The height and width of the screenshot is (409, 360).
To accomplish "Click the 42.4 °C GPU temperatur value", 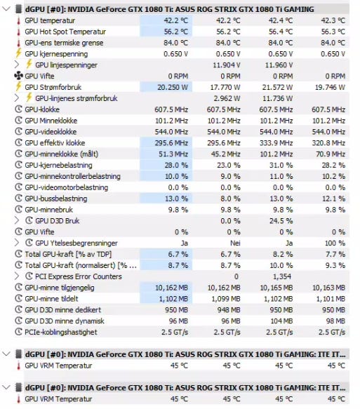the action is pyautogui.click(x=281, y=20).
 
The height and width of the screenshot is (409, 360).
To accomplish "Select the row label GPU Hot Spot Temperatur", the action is pyautogui.click(x=65, y=32).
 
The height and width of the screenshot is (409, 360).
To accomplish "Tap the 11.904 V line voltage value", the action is pyautogui.click(x=227, y=65).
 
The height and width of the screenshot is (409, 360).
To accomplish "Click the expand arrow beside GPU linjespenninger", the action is pyautogui.click(x=17, y=65).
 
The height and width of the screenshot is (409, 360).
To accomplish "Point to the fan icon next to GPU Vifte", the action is pyautogui.click(x=18, y=76).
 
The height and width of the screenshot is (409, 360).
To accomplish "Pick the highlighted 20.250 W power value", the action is pyautogui.click(x=173, y=88).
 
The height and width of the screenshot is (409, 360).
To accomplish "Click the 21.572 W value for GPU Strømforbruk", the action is pyautogui.click(x=278, y=88).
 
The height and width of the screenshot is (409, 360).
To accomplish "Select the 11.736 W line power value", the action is pyautogui.click(x=278, y=99).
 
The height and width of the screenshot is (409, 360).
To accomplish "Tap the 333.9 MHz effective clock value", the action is pyautogui.click(x=276, y=143).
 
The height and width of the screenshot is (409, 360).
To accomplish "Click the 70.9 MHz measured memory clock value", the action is pyautogui.click(x=331, y=154).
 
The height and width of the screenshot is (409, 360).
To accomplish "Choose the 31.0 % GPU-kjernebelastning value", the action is pyautogui.click(x=281, y=166).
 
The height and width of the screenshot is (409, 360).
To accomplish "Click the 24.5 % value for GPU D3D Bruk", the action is pyautogui.click(x=281, y=221).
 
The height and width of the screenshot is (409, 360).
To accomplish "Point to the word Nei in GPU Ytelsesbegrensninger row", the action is pyautogui.click(x=235, y=243).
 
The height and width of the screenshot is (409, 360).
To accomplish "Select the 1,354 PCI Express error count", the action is pyautogui.click(x=282, y=276).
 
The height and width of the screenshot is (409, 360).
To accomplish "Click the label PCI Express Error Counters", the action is pyautogui.click(x=79, y=276).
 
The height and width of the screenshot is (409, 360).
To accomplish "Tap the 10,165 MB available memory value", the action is pyautogui.click(x=276, y=288).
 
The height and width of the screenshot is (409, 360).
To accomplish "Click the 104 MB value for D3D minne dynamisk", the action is pyautogui.click(x=281, y=321).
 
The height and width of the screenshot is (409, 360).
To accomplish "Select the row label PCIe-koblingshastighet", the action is pyautogui.click(x=61, y=333).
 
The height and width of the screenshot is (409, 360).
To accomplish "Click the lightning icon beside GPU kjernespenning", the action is pyautogui.click(x=18, y=53).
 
